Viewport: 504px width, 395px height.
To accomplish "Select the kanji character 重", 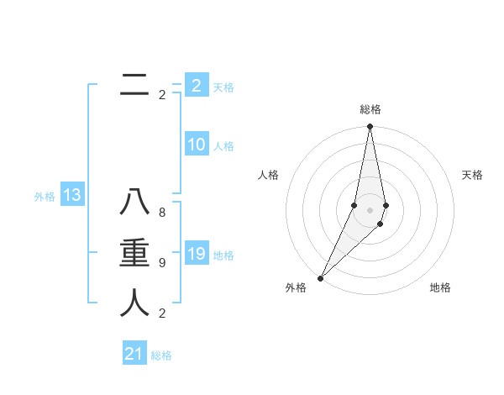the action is pos(134,254).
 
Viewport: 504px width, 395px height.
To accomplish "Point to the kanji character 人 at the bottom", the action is pos(134,303).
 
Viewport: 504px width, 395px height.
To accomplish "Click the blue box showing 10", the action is pos(197,145).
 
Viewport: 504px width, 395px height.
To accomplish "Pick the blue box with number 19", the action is pos(197,254).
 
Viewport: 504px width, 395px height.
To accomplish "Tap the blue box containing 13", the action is pos(71,196).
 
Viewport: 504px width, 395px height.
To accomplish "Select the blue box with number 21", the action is pos(134,354).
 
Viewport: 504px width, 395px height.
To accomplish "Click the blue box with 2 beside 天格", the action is pos(197,86).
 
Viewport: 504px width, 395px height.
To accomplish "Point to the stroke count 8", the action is pos(162,213).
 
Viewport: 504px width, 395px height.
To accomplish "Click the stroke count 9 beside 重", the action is pos(162,263).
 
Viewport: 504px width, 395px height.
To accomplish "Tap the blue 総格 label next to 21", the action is pos(161,355).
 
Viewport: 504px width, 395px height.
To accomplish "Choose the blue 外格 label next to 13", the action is pos(45,197).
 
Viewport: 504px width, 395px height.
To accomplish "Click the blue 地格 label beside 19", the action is pos(223,255).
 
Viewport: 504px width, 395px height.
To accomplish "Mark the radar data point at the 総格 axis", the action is pos(370,127).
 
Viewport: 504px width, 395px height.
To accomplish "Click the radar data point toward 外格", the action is pos(320,277).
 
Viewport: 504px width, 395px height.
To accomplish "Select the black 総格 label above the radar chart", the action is pos(370,109).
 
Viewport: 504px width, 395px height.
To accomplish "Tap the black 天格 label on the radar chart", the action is pos(472,175).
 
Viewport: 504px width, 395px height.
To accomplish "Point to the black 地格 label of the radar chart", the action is pos(440,287).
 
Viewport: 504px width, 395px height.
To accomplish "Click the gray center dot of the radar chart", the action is pos(370,209).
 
